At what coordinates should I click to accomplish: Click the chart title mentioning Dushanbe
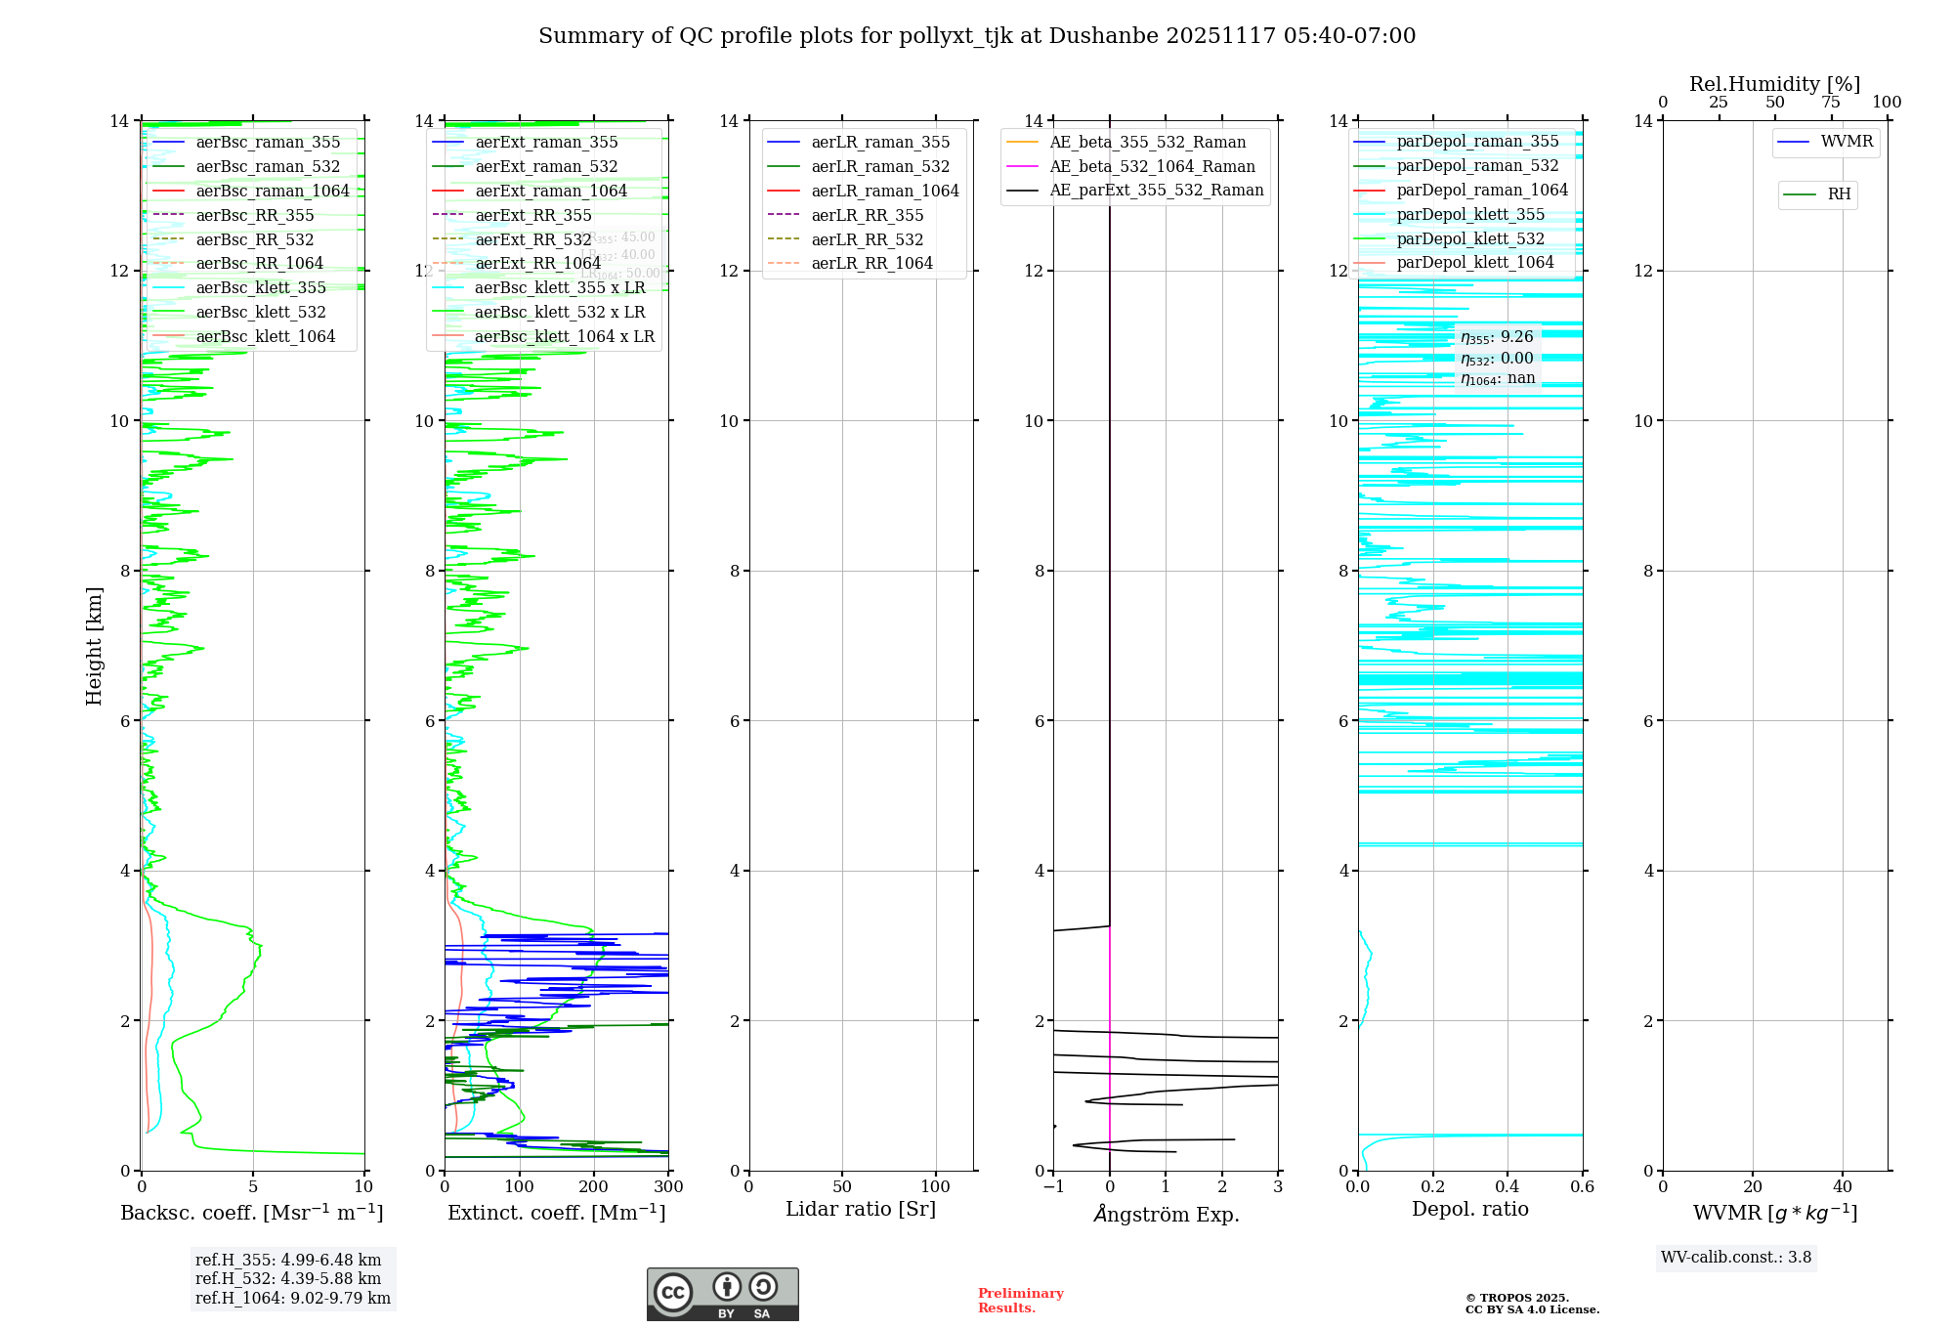(x=977, y=36)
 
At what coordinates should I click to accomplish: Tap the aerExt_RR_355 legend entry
(x=532, y=215)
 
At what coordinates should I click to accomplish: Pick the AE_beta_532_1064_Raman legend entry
(x=1151, y=166)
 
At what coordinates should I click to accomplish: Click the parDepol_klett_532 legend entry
(x=1469, y=238)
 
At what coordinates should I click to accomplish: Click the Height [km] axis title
(x=94, y=645)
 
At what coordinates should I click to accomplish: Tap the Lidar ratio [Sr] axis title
(x=860, y=1209)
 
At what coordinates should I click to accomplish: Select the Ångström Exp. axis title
(x=1166, y=1214)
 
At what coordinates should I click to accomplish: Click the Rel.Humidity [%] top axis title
(x=1774, y=84)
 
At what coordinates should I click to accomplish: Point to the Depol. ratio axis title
(x=1469, y=1209)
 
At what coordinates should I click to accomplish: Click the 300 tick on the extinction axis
(x=668, y=1187)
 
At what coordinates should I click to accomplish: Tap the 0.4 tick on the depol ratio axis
(x=1508, y=1187)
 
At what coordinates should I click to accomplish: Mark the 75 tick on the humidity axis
(x=1831, y=103)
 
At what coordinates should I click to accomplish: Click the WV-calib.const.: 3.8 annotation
(x=1735, y=1257)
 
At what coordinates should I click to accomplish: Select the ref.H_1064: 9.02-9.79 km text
(x=293, y=1298)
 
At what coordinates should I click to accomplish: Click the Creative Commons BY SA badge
(x=722, y=1294)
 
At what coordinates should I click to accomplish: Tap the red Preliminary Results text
(x=1020, y=1300)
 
